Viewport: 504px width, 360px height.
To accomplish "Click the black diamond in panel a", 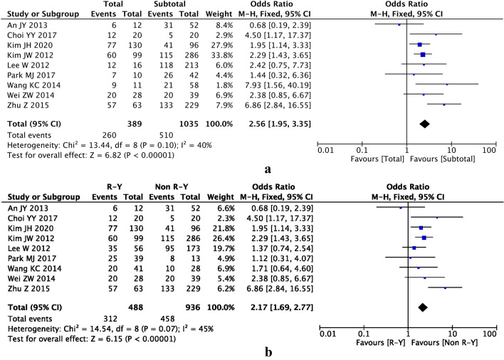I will (425, 124).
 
